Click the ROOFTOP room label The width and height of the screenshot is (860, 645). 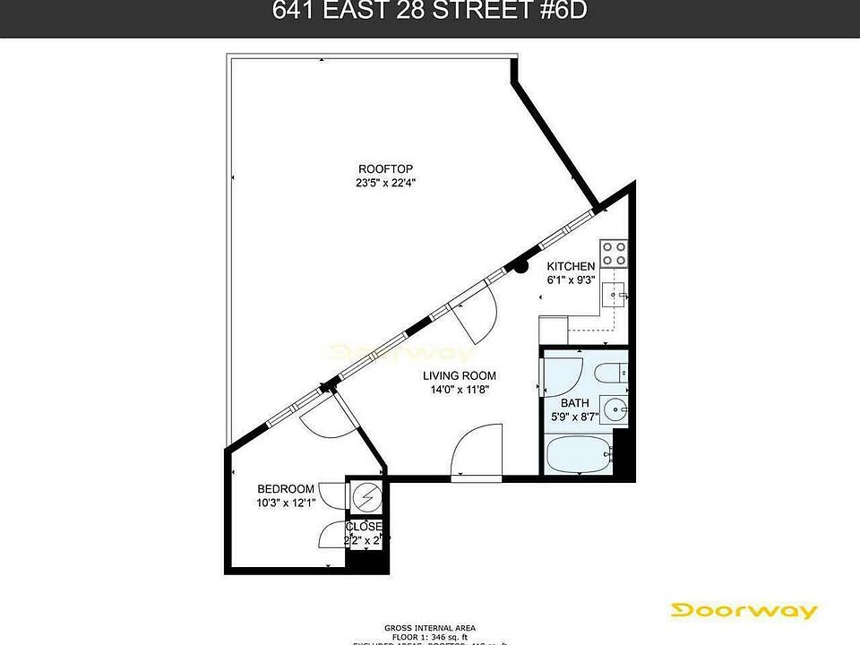[385, 168]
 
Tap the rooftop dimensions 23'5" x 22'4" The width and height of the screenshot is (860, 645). [385, 183]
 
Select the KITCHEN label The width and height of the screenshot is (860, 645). [571, 266]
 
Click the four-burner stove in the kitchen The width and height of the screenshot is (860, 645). [614, 253]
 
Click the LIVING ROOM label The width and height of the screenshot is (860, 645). [460, 375]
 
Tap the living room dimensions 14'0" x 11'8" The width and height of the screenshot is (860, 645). [460, 390]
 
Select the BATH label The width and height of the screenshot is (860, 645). [574, 402]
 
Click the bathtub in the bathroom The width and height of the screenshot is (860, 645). [579, 454]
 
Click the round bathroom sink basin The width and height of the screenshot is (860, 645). [615, 411]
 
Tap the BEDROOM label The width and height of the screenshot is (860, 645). [286, 488]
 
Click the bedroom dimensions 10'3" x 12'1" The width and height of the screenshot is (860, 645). [286, 503]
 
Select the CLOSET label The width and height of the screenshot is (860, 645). [365, 527]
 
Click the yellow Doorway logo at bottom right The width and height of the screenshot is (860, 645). [745, 611]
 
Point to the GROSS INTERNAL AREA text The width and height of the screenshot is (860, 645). [430, 626]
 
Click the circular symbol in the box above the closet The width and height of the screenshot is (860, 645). [365, 494]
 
